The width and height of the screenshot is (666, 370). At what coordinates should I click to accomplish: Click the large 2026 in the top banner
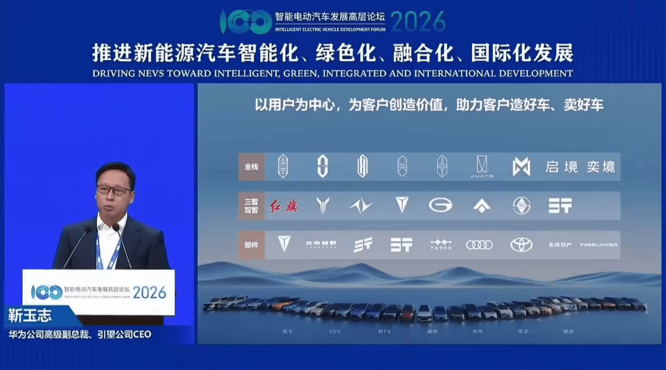418,21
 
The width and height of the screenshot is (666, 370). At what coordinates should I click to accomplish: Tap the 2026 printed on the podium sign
149,292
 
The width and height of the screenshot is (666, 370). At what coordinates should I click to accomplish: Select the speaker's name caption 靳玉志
30,316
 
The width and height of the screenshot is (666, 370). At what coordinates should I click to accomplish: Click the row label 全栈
251,167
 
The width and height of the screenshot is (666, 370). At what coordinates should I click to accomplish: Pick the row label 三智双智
251,206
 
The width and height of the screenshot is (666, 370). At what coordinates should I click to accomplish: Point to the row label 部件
251,245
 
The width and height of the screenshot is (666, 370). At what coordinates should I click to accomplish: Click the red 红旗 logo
284,206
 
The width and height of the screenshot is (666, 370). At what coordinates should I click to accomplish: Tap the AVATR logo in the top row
482,167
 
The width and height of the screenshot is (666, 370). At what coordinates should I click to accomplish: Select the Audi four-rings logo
479,245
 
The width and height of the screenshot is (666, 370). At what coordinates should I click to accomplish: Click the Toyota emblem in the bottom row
521,245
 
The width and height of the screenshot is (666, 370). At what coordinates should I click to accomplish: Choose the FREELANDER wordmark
599,245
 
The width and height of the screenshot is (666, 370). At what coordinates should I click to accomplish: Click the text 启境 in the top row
562,167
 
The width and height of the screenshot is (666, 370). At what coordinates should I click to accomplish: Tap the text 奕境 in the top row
601,167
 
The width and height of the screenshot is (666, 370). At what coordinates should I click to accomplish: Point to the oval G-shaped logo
440,205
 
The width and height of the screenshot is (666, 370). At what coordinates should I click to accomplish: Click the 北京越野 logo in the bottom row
321,245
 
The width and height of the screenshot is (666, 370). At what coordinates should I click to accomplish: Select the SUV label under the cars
335,331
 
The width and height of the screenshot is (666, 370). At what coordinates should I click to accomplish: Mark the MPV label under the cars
385,331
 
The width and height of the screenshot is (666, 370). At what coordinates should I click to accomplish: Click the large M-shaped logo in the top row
521,167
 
